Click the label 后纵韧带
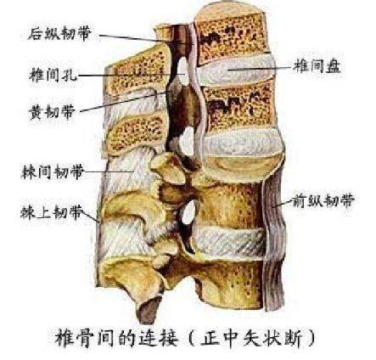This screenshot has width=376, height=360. pos(59,34)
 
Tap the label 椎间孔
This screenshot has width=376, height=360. pos(53,75)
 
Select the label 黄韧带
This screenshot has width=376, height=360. pos(52,111)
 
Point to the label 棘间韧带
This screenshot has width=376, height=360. pos(53,172)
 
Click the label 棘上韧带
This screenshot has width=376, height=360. pos(52,211)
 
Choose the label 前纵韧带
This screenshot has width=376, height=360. pos(323,200)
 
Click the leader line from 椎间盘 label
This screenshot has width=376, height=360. pos(261,68)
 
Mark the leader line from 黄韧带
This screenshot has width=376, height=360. pos(122,102)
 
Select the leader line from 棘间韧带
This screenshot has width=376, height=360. pos(109,172)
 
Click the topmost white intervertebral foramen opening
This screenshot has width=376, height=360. pos(183,70)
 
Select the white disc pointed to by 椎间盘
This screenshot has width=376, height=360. pos(236,70)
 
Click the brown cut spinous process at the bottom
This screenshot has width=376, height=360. pos(149,310)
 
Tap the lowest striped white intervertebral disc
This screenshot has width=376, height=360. pos(228,243)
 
